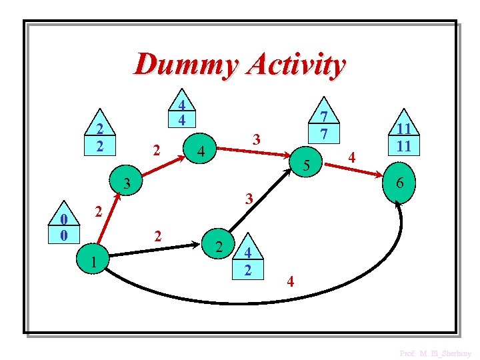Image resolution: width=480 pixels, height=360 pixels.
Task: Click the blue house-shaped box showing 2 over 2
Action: [99, 137]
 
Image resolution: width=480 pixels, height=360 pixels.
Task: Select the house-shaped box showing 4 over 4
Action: [181, 111]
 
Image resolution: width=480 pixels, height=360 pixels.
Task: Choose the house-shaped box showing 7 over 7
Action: [323, 123]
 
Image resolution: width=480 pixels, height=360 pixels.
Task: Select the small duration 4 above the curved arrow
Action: [290, 281]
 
